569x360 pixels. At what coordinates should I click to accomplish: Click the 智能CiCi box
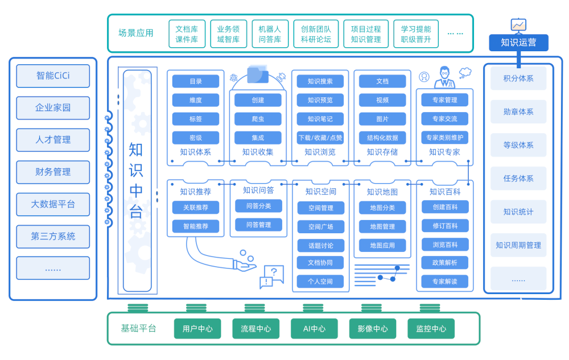click(53, 76)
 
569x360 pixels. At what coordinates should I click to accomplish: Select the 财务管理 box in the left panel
click(53, 172)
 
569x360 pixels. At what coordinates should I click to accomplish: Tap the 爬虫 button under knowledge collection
click(258, 119)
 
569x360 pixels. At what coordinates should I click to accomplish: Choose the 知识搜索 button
click(320, 81)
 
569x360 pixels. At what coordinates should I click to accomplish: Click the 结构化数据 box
click(382, 138)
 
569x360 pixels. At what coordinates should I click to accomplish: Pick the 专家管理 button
click(444, 100)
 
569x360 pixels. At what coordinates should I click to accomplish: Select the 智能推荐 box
click(195, 226)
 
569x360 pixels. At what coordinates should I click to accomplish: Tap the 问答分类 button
click(258, 206)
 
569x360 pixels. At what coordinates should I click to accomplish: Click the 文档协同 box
click(320, 262)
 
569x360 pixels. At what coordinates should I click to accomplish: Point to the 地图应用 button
click(382, 245)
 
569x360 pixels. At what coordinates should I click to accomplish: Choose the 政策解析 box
click(444, 262)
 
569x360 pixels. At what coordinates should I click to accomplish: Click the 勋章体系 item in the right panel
click(518, 112)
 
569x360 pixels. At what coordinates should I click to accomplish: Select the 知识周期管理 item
click(518, 245)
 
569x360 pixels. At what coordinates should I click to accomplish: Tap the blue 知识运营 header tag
click(518, 43)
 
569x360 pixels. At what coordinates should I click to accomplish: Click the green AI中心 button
click(314, 329)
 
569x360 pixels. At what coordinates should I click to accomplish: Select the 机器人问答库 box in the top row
click(270, 34)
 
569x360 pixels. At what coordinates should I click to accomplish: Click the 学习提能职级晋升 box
click(416, 34)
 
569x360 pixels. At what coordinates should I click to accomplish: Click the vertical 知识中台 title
click(137, 180)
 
